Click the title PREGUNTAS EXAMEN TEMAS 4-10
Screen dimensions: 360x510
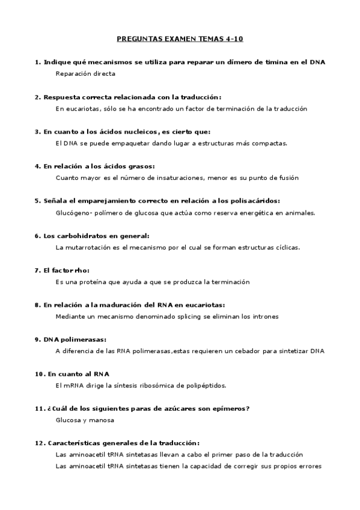click(180, 39)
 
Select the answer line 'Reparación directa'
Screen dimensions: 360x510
click(85, 74)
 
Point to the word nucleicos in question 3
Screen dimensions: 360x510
click(135, 132)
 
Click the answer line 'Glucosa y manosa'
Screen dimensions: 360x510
click(84, 420)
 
